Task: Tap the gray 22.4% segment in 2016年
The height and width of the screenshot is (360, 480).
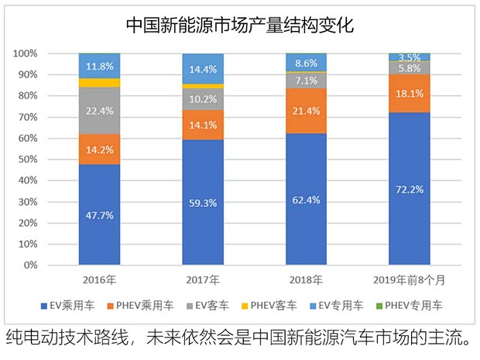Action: [x=99, y=110]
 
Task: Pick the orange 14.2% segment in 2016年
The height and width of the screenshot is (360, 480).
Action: [x=99, y=149]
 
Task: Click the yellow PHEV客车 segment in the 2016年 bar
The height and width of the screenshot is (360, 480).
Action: [x=99, y=82]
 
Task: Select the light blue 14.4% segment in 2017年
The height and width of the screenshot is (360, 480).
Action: [x=202, y=69]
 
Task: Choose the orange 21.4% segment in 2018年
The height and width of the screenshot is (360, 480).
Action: [x=306, y=111]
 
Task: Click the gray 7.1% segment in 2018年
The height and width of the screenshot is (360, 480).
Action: [x=306, y=81]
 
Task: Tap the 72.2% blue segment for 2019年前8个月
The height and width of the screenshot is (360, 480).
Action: [x=409, y=189]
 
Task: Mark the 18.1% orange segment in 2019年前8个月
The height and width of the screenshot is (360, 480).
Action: [x=409, y=94]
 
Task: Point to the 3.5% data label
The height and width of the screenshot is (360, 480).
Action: [x=409, y=58]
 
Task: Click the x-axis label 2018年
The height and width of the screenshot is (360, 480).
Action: [x=306, y=279]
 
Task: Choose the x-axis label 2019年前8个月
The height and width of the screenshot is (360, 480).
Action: [x=409, y=279]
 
